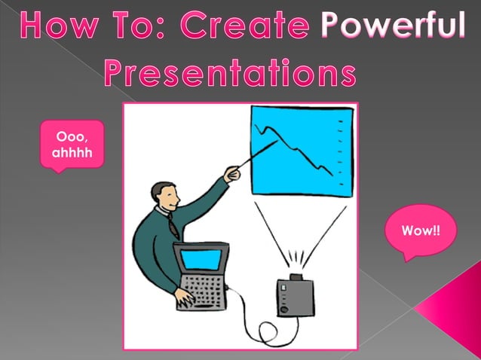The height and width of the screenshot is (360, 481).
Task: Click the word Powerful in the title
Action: [x=392, y=27]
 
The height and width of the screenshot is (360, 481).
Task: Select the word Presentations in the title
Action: [x=230, y=72]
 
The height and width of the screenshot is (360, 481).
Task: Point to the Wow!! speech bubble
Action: [x=420, y=230]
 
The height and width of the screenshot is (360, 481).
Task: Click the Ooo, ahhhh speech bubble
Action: [x=71, y=145]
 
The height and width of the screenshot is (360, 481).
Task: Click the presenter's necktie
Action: [x=173, y=225]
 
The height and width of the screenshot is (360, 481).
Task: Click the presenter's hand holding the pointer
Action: [x=232, y=175]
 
